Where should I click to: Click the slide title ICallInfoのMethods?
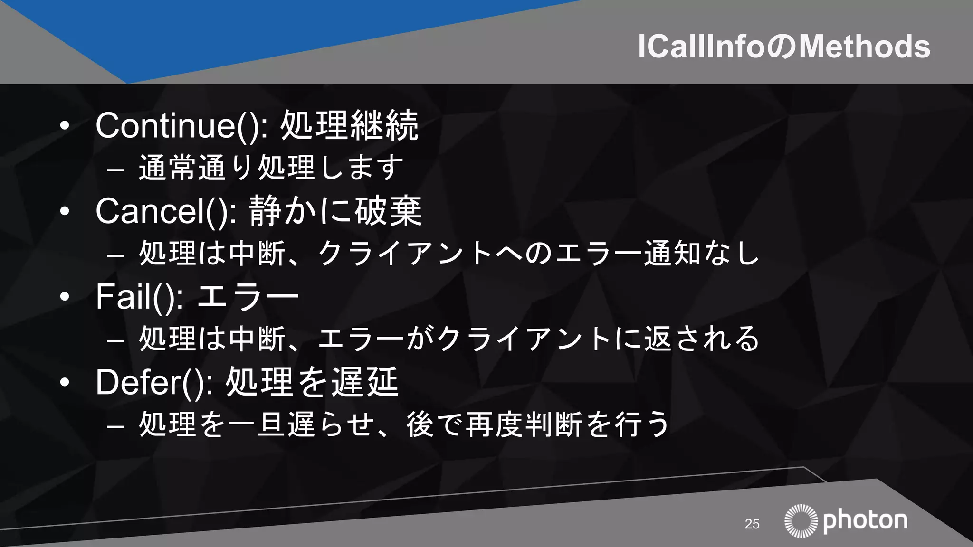point(783,47)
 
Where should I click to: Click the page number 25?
point(752,524)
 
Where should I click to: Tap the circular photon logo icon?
point(801,521)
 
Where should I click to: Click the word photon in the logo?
point(865,521)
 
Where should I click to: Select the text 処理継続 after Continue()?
point(349,126)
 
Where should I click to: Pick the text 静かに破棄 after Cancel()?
point(335,211)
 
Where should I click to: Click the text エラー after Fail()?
point(247,297)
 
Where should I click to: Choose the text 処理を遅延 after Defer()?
point(312,382)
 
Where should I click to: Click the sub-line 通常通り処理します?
point(271,168)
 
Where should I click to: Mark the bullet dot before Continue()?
point(65,126)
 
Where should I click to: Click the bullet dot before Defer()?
point(65,382)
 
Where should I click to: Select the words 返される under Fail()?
point(701,339)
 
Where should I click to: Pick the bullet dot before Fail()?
point(65,297)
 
